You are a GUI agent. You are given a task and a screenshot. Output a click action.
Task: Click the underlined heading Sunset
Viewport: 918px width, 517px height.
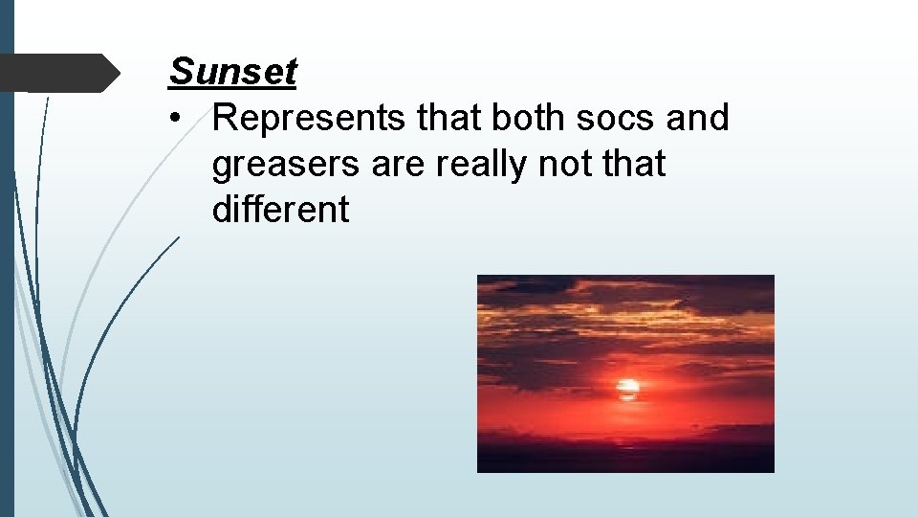(233, 72)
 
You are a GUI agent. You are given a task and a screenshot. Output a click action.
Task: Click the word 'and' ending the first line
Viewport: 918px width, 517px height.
(697, 118)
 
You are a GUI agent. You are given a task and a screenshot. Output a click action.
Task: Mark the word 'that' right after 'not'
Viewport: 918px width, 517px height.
(634, 165)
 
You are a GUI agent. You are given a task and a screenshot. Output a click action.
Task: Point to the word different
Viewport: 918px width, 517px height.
(281, 210)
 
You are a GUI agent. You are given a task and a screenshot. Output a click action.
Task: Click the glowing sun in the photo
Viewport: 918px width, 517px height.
(627, 389)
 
